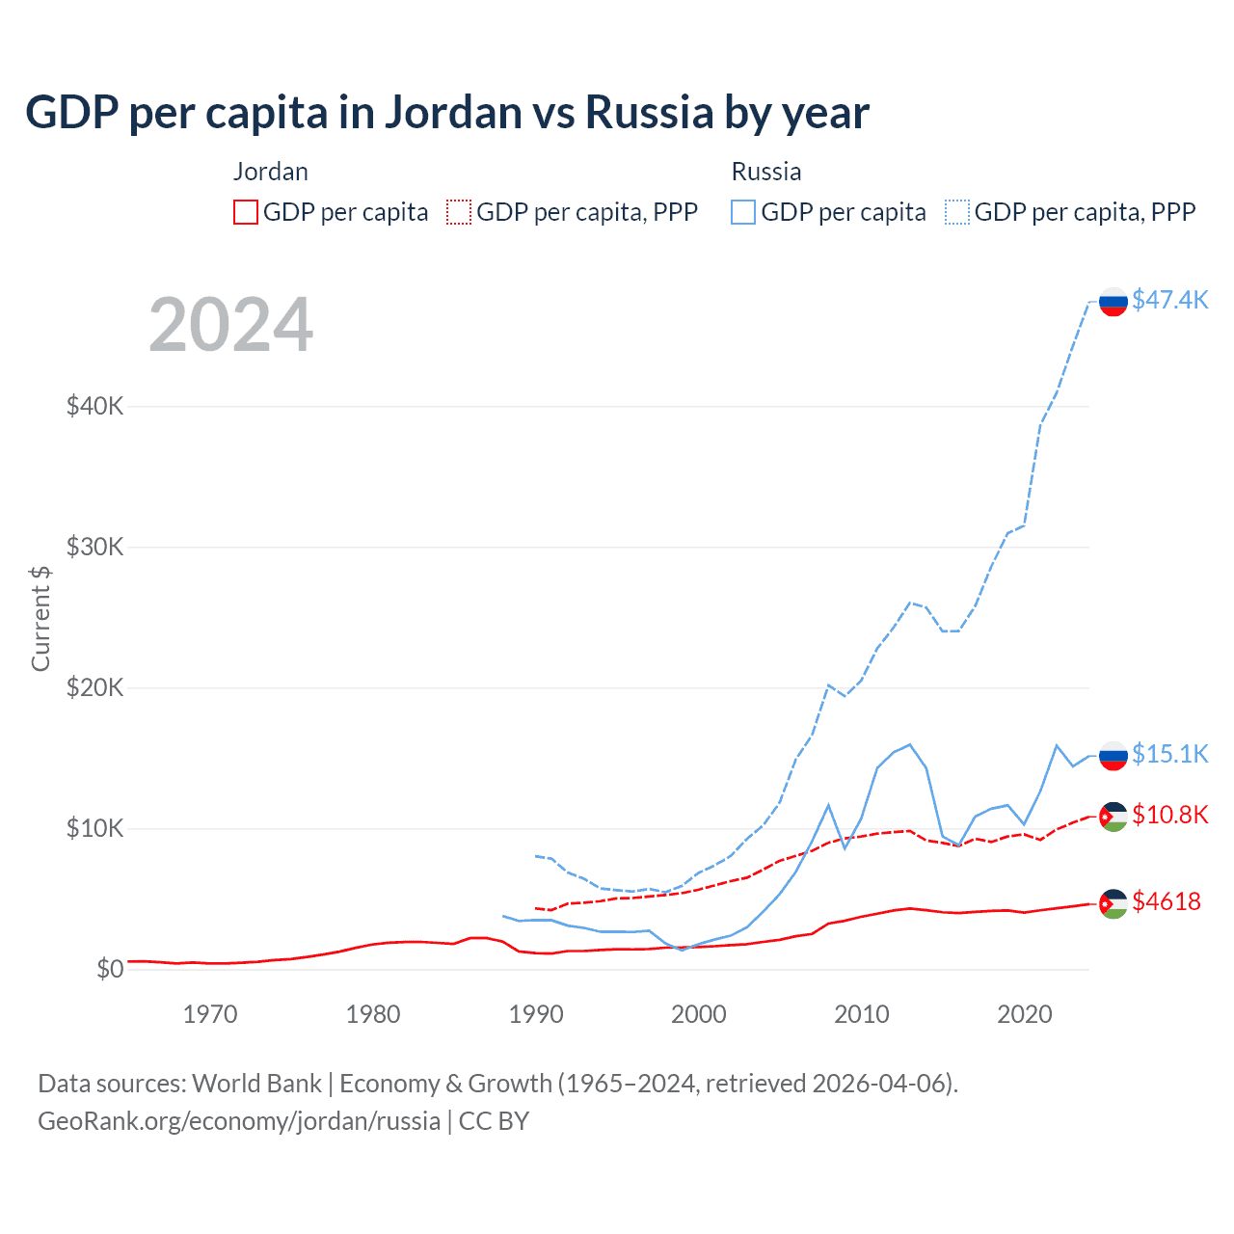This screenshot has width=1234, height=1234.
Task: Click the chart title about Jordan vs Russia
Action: (447, 113)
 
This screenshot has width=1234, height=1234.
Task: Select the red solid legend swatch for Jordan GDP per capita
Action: (246, 212)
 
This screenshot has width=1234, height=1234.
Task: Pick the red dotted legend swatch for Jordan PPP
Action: (459, 212)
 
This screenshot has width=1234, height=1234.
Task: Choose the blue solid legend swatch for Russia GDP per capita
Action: (743, 212)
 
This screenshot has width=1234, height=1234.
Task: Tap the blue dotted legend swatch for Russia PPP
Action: (957, 212)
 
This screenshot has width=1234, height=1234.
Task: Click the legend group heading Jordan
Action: (271, 172)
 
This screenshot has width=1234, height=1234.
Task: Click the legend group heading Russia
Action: (766, 172)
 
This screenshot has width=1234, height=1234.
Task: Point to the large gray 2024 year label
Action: (230, 325)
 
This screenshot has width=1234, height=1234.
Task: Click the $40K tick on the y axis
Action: (94, 406)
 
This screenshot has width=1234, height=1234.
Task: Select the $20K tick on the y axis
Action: (94, 687)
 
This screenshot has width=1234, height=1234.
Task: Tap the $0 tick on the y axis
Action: (110, 969)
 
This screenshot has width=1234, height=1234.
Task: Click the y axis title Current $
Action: (40, 618)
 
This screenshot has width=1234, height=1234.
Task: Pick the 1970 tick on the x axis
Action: (210, 1014)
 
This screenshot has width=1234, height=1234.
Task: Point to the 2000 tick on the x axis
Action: (699, 1014)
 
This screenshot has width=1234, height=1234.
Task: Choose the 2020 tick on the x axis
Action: (1024, 1014)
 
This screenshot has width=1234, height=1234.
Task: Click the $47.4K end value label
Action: (1169, 300)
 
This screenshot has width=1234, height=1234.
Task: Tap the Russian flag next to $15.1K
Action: (1113, 756)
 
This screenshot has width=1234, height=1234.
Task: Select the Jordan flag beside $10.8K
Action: (1113, 817)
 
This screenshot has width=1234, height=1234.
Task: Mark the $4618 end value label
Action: (1167, 901)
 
